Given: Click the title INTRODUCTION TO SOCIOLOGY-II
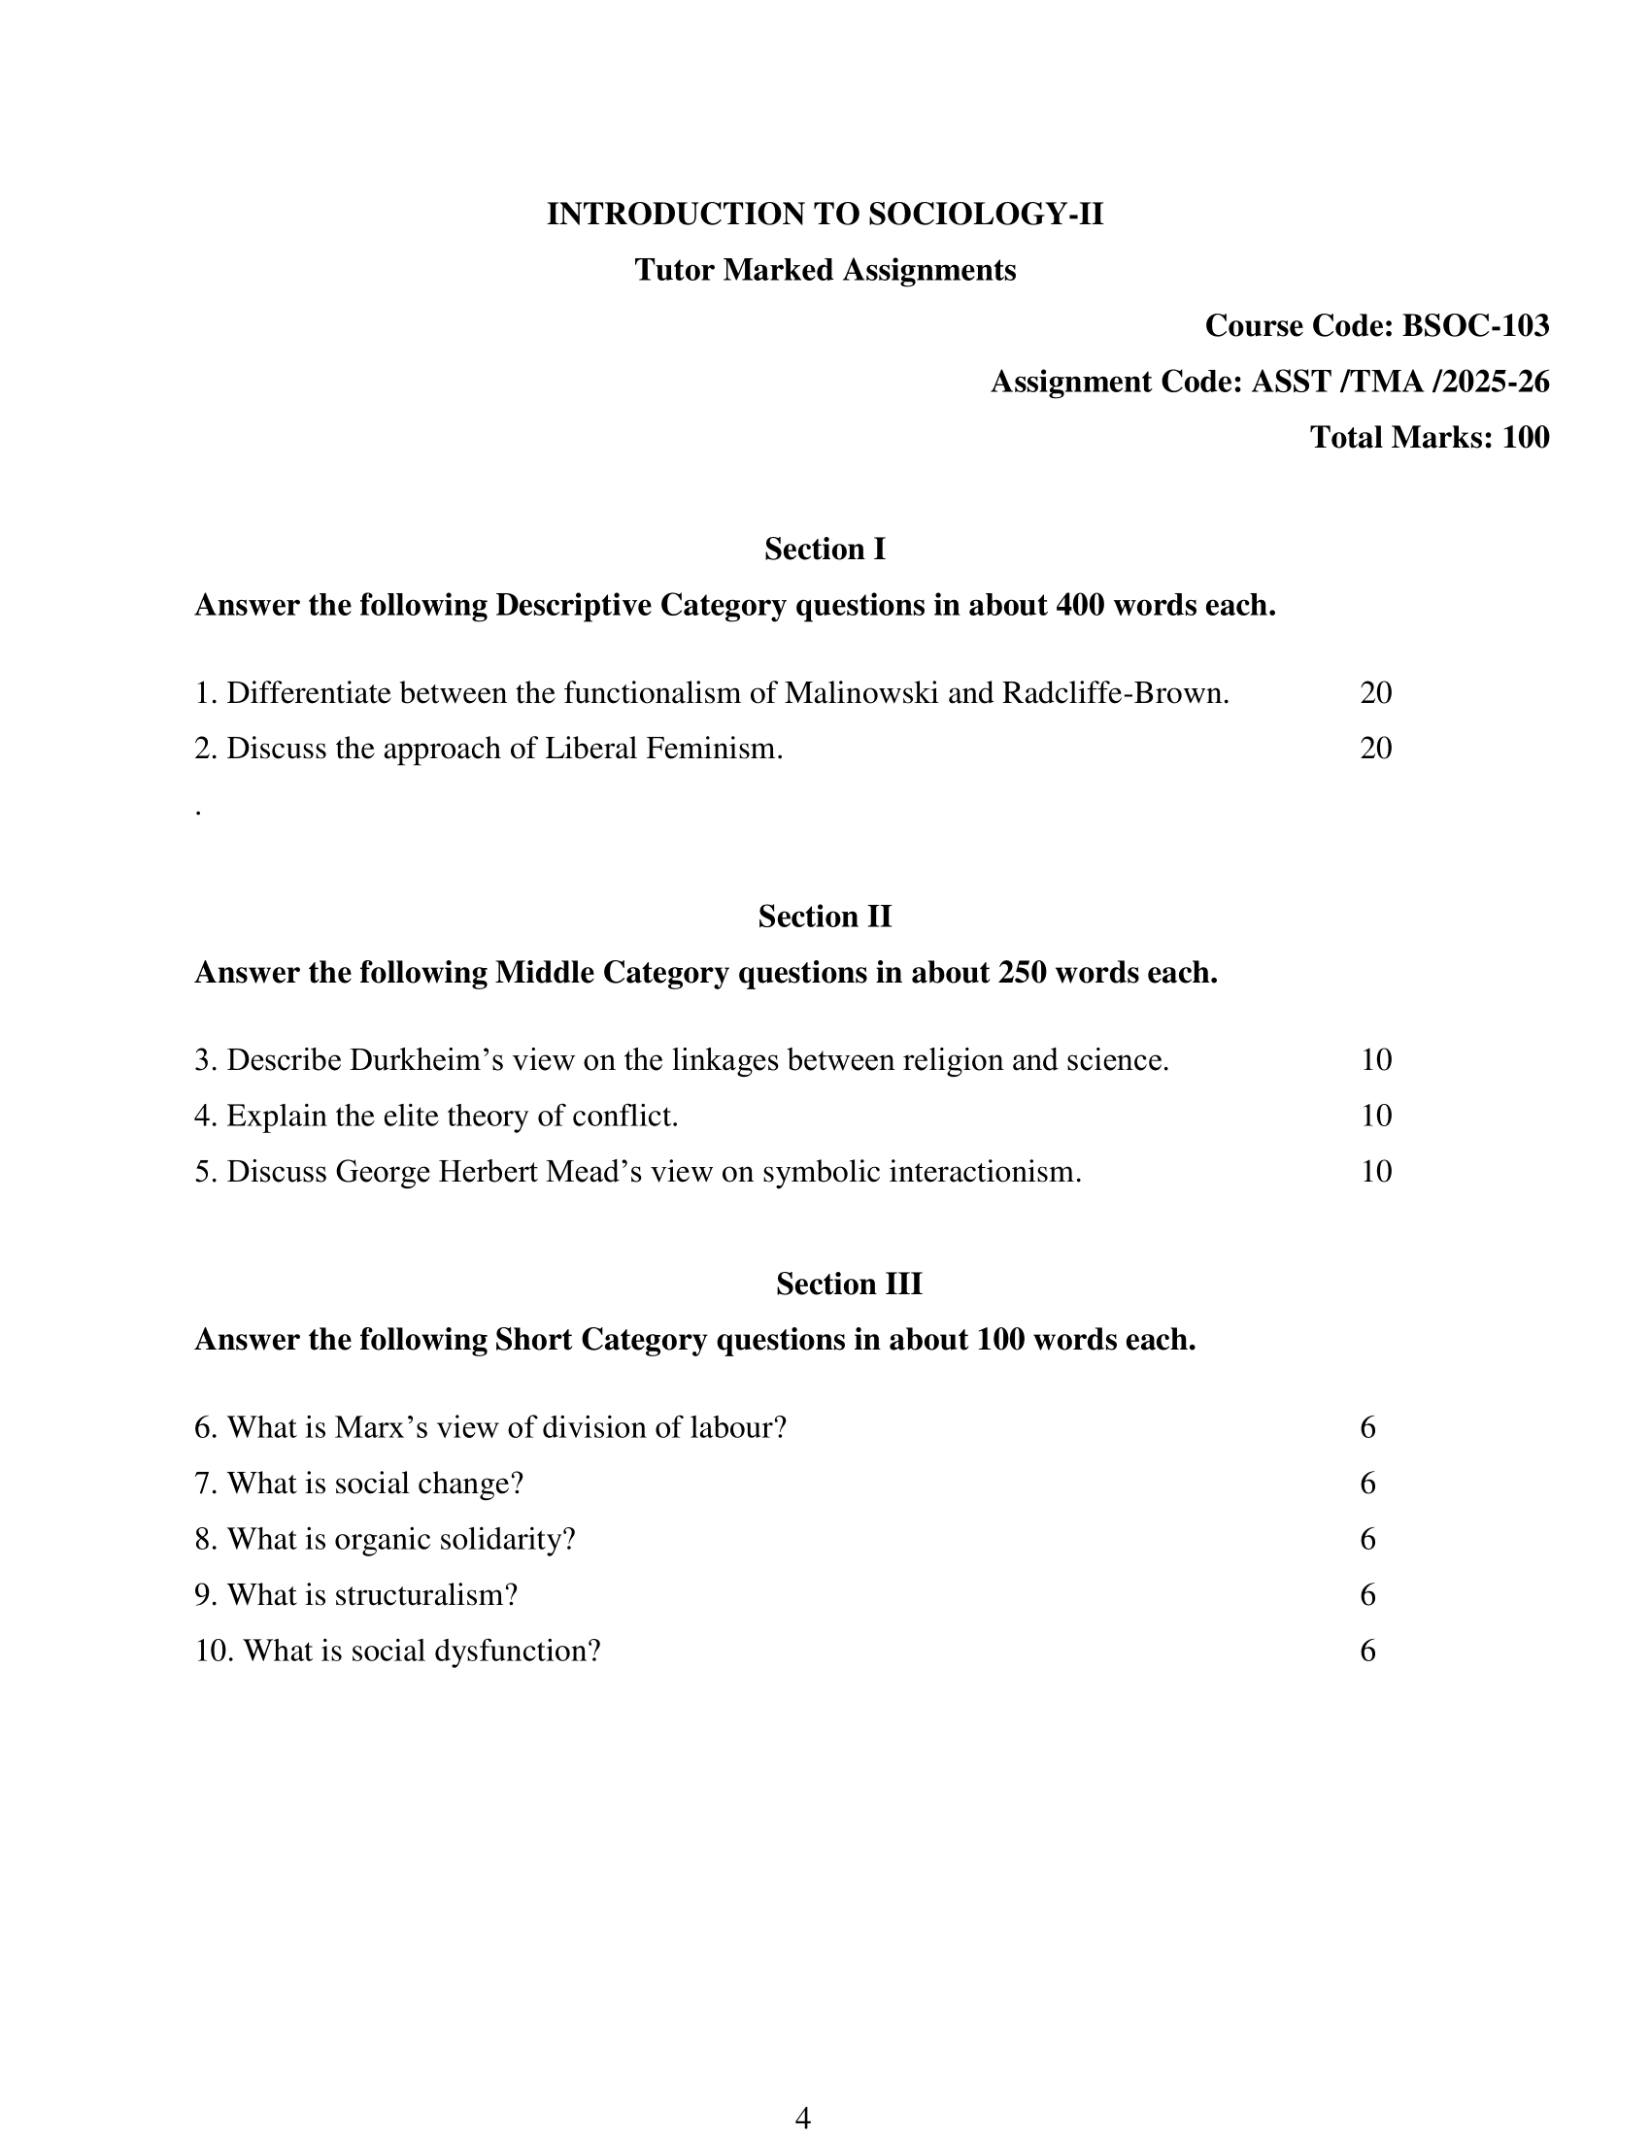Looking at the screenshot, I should pyautogui.click(x=825, y=215).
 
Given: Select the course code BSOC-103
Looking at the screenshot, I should pyautogui.click(x=1475, y=325).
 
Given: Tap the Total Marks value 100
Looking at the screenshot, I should pyautogui.click(x=1525, y=437).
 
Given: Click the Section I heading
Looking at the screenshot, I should pyautogui.click(x=825, y=550).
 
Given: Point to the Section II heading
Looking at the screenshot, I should pyautogui.click(x=825, y=917).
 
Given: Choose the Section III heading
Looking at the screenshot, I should pyautogui.click(x=848, y=1284).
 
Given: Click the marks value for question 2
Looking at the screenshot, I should pyautogui.click(x=1375, y=750).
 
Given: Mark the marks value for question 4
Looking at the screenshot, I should pyautogui.click(x=1375, y=1116).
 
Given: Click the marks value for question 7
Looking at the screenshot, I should pyautogui.click(x=1367, y=1484).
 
